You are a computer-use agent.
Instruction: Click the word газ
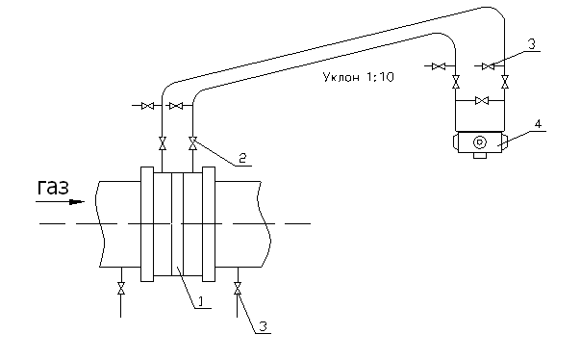tap(53, 188)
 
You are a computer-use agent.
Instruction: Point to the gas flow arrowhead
tap(77, 202)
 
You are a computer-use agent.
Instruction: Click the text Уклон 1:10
tap(358, 77)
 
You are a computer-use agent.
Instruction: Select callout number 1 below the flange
tap(200, 301)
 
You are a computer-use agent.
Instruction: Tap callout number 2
tap(242, 159)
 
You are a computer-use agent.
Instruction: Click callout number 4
tap(538, 123)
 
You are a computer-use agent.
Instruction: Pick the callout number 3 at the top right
tap(532, 44)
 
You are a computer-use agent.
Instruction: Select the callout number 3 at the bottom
tap(263, 326)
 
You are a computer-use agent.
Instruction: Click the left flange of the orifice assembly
tap(147, 224)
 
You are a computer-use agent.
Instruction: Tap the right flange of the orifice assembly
tap(209, 224)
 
